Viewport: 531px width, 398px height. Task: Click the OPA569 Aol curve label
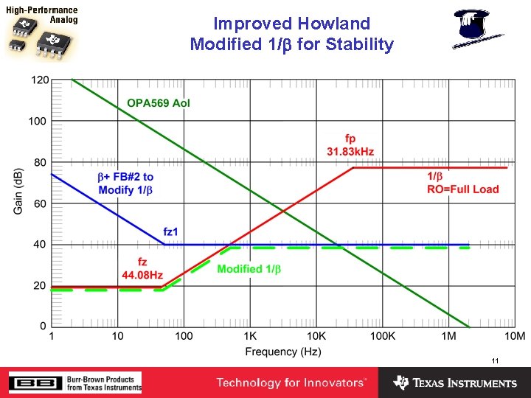pos(159,103)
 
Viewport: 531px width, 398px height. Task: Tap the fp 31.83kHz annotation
pos(350,145)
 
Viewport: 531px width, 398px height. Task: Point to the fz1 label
pos(170,232)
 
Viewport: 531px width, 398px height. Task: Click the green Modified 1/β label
pos(249,269)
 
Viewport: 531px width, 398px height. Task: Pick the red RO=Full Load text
pos(462,189)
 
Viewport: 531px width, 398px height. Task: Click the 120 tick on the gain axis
pos(38,80)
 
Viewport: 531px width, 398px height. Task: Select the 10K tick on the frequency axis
pos(316,336)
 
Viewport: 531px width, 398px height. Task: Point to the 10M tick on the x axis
pos(514,336)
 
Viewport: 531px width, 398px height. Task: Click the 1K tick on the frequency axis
pos(250,336)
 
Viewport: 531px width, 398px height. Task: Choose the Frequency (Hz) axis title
pos(283,352)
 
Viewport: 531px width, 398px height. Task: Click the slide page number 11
pos(495,361)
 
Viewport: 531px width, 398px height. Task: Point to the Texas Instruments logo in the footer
pos(455,383)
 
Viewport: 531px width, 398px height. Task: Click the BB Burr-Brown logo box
pos(29,383)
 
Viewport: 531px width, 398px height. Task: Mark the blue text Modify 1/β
pos(125,191)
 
